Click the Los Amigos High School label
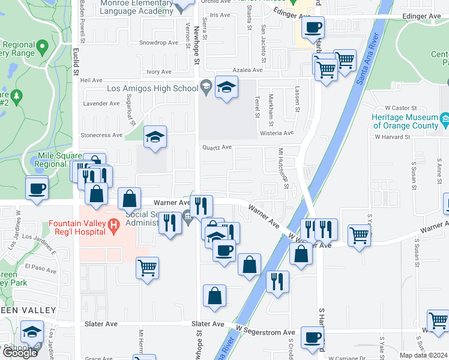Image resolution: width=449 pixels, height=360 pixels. tap(152, 89)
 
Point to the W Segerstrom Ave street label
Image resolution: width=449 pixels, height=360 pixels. tap(265, 332)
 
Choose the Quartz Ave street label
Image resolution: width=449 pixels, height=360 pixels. tap(217, 147)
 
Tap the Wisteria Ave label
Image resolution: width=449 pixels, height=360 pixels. tap(276, 133)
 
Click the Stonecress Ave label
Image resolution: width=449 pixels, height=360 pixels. tap(102, 135)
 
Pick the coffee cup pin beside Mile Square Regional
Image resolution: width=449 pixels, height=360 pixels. tap(37, 188)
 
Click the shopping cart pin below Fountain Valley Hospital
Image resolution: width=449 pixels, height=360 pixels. tap(147, 268)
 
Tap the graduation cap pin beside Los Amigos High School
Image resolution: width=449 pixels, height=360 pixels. tap(226, 88)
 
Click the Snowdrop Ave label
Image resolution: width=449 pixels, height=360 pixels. tap(158, 43)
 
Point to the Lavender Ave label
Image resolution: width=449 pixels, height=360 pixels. tap(101, 103)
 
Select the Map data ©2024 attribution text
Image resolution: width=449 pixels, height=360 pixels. tap(423, 355)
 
